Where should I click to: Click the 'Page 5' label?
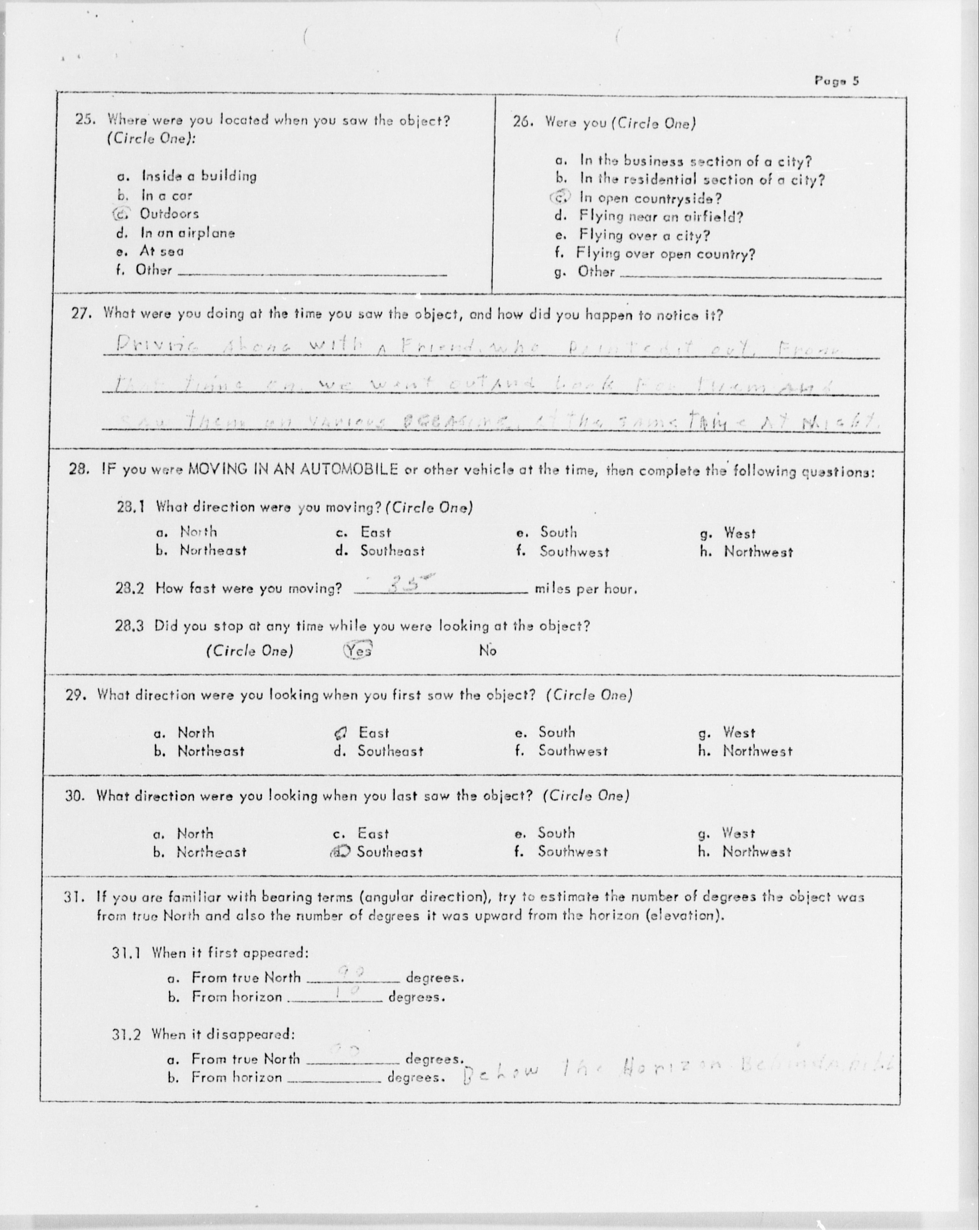point(836,81)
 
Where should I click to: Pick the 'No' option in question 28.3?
point(488,650)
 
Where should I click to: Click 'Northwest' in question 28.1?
point(758,552)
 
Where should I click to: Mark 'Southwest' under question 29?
point(573,751)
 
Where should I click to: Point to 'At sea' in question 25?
point(161,251)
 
